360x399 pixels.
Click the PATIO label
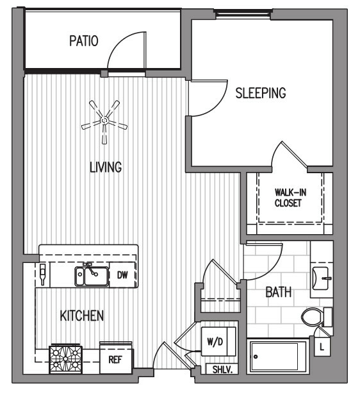[x=84, y=41]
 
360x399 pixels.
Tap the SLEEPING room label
[x=261, y=93]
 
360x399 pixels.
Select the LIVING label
[x=106, y=167]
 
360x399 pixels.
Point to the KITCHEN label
[x=82, y=316]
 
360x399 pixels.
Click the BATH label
[x=279, y=292]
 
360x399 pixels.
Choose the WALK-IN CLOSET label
[x=290, y=198]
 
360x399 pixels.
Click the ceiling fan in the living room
[x=104, y=121]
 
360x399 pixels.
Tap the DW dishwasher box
[x=122, y=275]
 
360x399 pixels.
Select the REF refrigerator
[x=116, y=359]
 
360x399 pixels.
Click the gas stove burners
[x=65, y=359]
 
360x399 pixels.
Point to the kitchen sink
[x=92, y=276]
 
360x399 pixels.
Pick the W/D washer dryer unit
[x=218, y=342]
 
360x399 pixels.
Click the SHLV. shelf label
[x=222, y=369]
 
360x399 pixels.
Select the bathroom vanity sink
[x=321, y=278]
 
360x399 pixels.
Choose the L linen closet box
[x=322, y=346]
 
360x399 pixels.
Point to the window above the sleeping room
[x=243, y=14]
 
